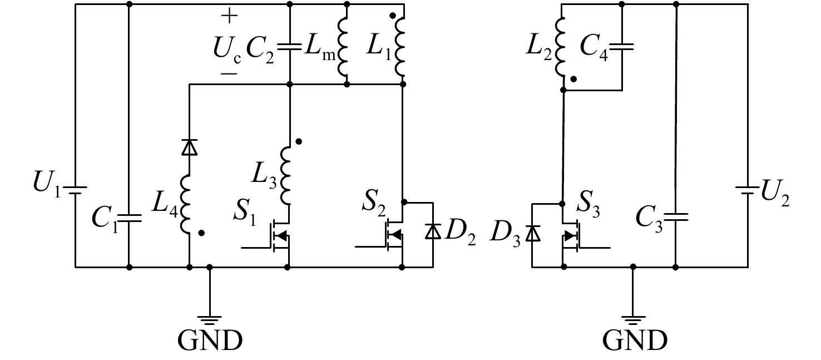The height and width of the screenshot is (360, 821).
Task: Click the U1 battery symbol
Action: coord(75,190)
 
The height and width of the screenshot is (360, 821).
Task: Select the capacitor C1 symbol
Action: coord(129,218)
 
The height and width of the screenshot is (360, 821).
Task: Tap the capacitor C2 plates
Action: coord(290,47)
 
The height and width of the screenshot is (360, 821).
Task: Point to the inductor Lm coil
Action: coord(343,47)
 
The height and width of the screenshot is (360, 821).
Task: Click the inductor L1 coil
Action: coord(399,47)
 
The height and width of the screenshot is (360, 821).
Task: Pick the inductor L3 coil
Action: coord(285,175)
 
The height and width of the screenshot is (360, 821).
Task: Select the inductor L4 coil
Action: coord(185,204)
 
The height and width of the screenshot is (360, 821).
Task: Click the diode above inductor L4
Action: coord(190,147)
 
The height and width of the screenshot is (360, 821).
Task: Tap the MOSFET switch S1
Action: coord(279,236)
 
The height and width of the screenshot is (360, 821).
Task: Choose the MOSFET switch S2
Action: coord(392,235)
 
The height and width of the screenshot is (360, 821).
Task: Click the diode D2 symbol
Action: coord(433,231)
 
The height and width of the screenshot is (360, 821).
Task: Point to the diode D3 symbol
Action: coord(532,233)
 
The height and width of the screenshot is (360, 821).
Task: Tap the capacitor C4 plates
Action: coord(622,47)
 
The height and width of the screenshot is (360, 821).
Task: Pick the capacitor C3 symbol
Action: coord(676,216)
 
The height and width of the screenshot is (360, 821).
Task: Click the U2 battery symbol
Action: coord(748,190)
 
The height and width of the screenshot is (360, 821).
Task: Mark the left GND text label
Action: coord(210,340)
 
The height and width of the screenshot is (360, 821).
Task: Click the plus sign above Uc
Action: coord(229,16)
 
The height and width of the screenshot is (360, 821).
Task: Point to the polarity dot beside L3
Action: coord(299,141)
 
